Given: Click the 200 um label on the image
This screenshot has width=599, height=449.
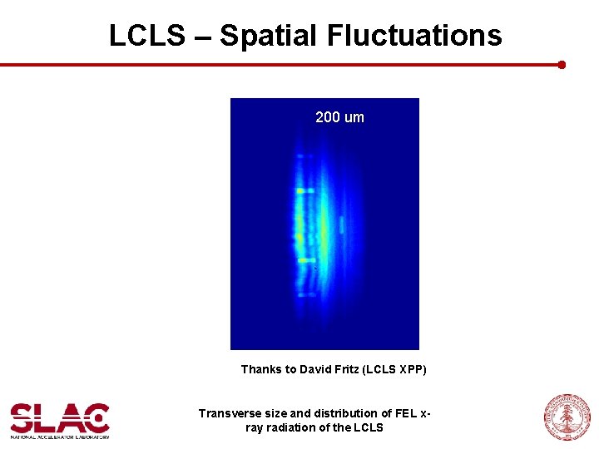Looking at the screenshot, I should click(x=339, y=117).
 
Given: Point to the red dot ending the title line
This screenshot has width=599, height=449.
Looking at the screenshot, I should click(x=562, y=64).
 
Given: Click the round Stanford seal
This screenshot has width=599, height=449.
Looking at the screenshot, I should click(x=566, y=417).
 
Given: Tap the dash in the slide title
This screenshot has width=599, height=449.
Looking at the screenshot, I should click(x=198, y=36).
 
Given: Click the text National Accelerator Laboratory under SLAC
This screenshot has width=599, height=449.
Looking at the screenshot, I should click(x=59, y=435).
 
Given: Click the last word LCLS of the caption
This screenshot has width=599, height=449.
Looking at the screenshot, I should click(x=369, y=427).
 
